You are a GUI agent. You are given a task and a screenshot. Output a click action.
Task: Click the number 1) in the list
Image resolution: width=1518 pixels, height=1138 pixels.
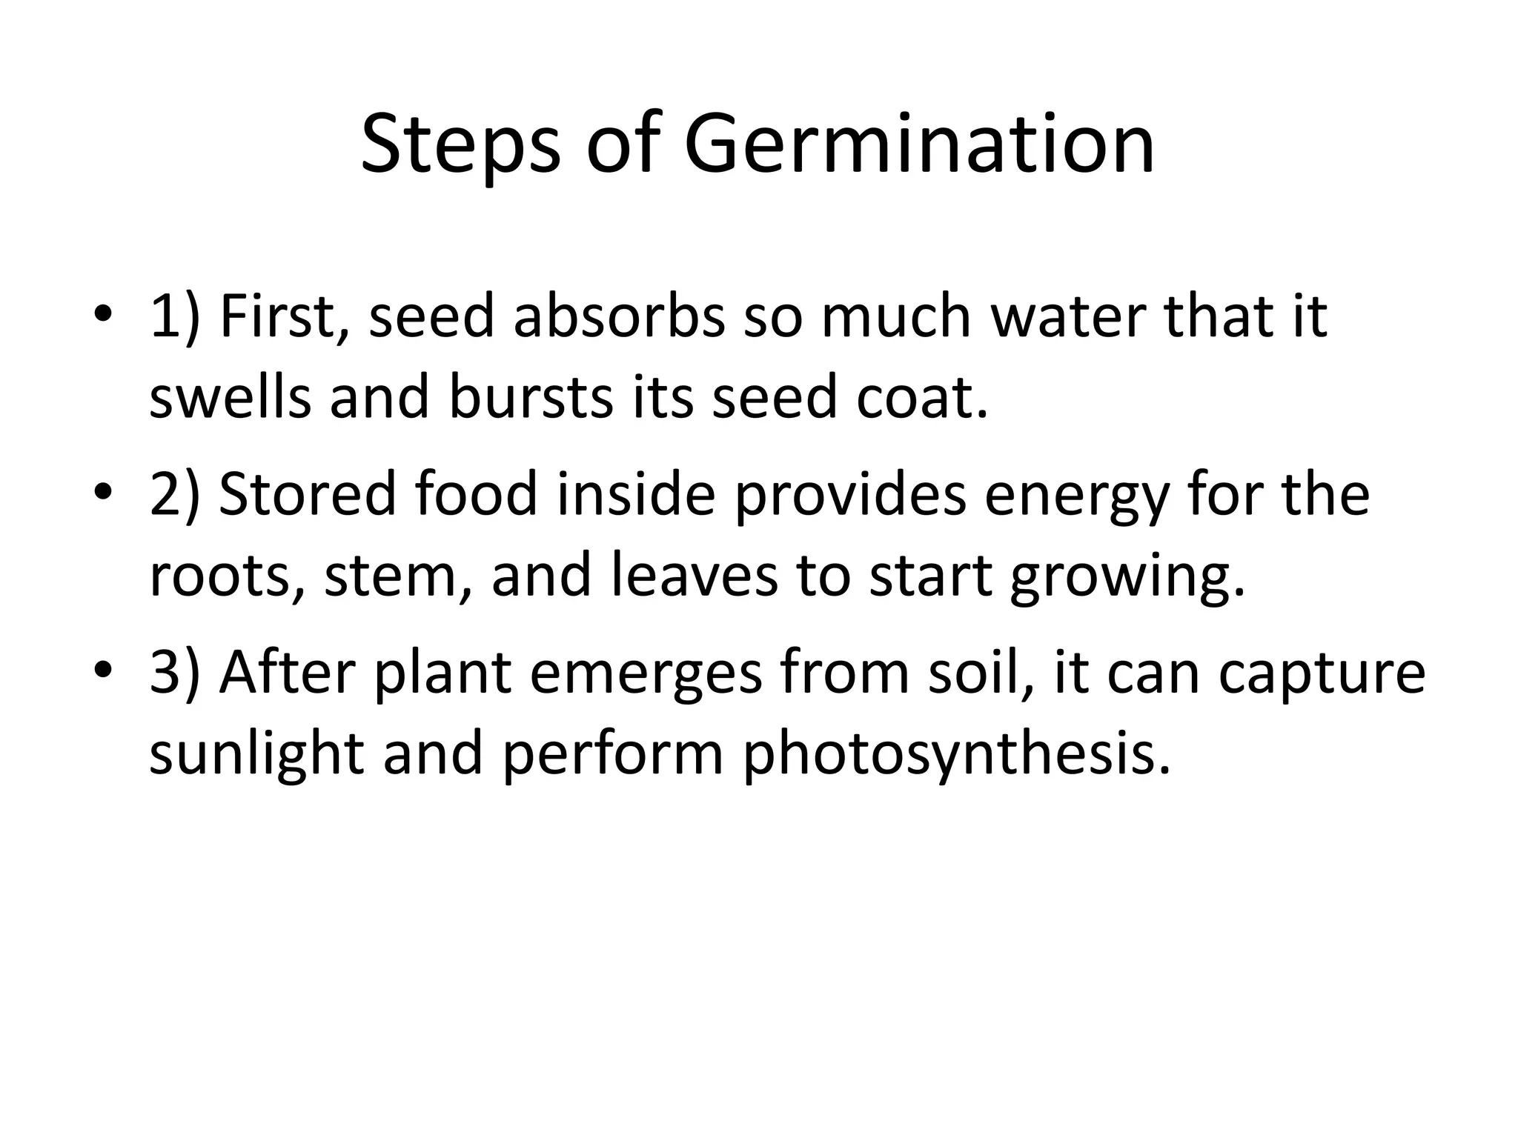pyautogui.click(x=175, y=317)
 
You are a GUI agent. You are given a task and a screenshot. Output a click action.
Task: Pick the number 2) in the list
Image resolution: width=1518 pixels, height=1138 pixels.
pyautogui.click(x=175, y=495)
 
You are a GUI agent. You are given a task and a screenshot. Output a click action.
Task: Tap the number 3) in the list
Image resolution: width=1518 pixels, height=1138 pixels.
pyautogui.click(x=175, y=673)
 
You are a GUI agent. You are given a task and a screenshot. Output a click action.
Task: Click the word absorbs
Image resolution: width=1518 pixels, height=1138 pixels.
pyautogui.click(x=619, y=317)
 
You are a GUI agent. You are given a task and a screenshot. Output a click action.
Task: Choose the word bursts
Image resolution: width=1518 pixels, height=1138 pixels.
pyautogui.click(x=531, y=397)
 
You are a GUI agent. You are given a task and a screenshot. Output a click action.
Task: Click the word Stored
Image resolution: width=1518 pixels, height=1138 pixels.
pyautogui.click(x=308, y=495)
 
